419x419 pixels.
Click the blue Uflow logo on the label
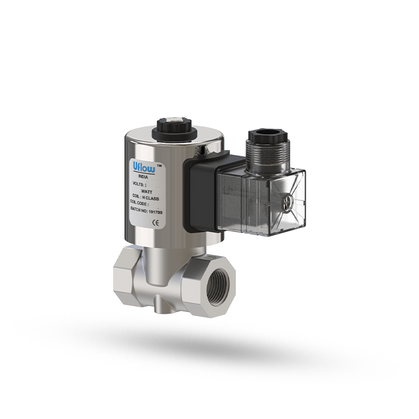click(143, 168)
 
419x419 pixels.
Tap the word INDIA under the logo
click(142, 177)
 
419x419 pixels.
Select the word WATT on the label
click(147, 191)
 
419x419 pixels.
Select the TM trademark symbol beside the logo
click(159, 163)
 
